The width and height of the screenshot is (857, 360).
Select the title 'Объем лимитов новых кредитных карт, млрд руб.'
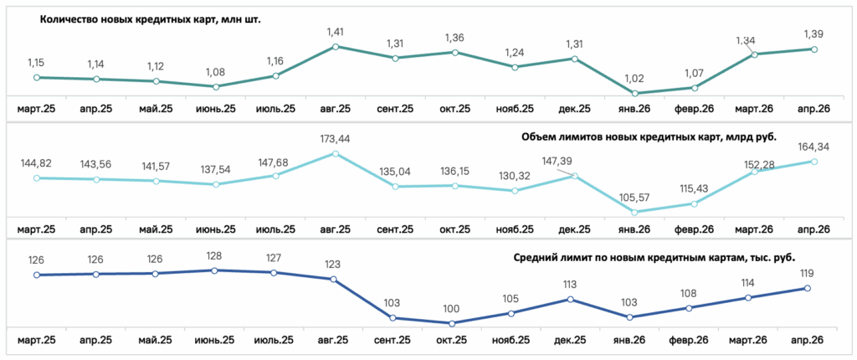[648, 136]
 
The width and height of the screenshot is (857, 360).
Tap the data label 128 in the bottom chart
[214, 256]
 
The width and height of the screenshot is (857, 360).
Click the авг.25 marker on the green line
[336, 47]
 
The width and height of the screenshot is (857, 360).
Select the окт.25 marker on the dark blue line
[451, 323]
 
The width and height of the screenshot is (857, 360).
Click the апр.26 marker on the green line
[813, 49]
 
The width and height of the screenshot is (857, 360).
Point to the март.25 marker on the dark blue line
[37, 275]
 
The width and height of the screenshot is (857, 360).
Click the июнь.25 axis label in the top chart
[215, 109]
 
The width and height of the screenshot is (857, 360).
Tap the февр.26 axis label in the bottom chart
[690, 340]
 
